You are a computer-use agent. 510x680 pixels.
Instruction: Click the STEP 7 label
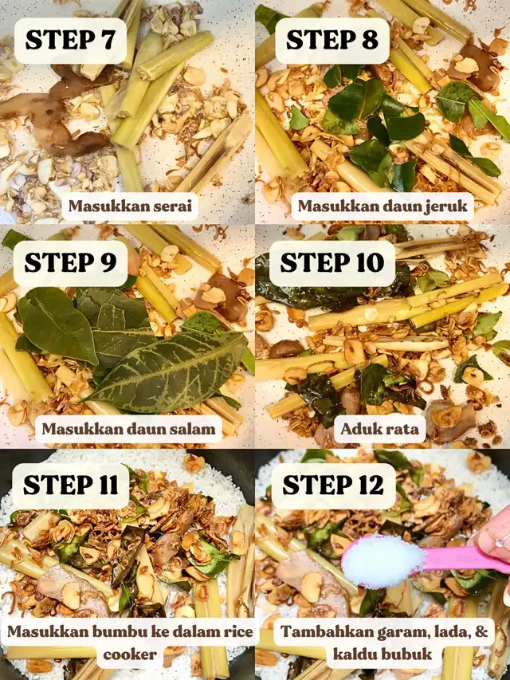pos(70,40)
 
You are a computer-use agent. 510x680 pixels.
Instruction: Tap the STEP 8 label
pos(332,40)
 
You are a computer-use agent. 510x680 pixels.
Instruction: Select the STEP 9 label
pos(70,263)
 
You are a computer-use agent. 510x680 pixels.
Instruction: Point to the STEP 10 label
pos(332,263)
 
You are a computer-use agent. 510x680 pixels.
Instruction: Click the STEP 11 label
pos(71,485)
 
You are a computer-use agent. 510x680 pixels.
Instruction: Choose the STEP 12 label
pos(333,485)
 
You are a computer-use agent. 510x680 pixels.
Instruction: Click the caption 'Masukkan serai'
pos(130,206)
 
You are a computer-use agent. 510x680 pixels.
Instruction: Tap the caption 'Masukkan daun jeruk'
pos(382,206)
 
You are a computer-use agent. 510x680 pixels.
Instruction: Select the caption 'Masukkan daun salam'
pos(128,429)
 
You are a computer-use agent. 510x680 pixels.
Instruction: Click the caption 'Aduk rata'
pos(380,429)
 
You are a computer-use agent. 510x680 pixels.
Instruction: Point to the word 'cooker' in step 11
pos(130,654)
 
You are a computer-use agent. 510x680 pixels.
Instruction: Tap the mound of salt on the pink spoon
pos(382,561)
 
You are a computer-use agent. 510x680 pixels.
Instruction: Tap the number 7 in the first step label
pos(107,41)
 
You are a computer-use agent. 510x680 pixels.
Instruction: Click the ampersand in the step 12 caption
pos(481,631)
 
